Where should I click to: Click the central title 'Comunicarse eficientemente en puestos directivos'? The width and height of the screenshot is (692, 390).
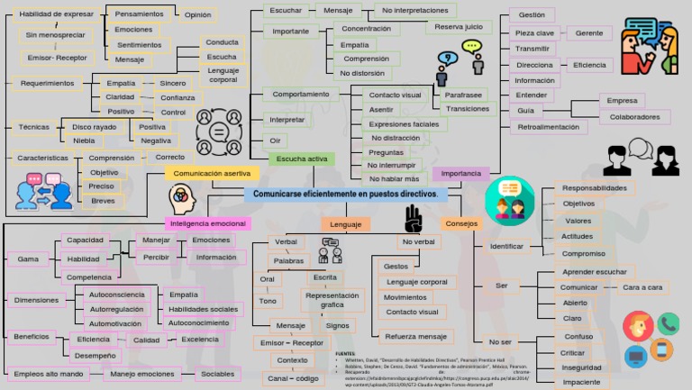pyautogui.click(x=345, y=194)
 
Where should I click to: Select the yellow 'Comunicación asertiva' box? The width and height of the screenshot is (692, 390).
pyautogui.click(x=212, y=173)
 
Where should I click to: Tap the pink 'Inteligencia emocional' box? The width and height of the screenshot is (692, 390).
pyautogui.click(x=208, y=222)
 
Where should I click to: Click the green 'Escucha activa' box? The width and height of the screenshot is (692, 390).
pyautogui.click(x=302, y=159)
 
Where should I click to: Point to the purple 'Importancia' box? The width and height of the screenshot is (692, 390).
pyautogui.click(x=461, y=173)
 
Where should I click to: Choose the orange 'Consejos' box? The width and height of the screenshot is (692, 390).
pyautogui.click(x=460, y=223)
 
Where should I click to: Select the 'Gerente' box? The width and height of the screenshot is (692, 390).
pyautogui.click(x=588, y=33)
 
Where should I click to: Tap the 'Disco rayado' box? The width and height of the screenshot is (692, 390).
pyautogui.click(x=94, y=127)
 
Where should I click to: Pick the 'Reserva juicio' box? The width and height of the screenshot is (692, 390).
pyautogui.click(x=459, y=27)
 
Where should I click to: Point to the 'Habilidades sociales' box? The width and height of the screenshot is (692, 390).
pyautogui.click(x=203, y=309)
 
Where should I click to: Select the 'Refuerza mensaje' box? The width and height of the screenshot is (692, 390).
pyautogui.click(x=413, y=337)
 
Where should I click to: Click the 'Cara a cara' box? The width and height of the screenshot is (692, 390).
pyautogui.click(x=642, y=287)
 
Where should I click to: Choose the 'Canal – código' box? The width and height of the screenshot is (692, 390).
pyautogui.click(x=293, y=378)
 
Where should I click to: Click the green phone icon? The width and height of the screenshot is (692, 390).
pyautogui.click(x=668, y=324)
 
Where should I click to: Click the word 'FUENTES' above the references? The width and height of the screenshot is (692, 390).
pyautogui.click(x=345, y=354)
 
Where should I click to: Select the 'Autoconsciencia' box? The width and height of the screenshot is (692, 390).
pyautogui.click(x=117, y=295)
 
